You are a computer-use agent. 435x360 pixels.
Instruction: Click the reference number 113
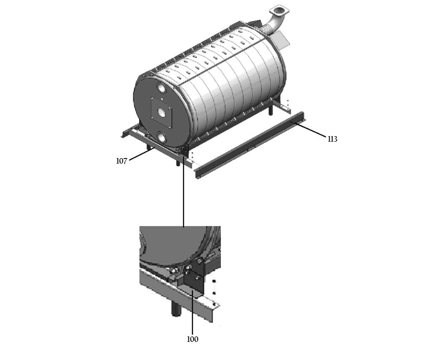tap(333, 139)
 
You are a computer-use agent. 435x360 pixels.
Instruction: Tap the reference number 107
tap(121, 161)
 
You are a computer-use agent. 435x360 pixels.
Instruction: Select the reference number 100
tap(193, 339)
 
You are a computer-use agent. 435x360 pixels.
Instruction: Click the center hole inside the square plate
tap(161, 112)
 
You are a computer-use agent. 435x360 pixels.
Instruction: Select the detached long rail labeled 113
tap(250, 145)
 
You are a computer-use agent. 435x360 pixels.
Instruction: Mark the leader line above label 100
tap(192, 312)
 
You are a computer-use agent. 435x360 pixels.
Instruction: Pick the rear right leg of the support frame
tap(271, 110)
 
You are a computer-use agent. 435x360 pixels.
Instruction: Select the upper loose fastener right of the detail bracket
tap(214, 282)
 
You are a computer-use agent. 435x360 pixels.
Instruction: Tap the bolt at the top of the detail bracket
tap(199, 261)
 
